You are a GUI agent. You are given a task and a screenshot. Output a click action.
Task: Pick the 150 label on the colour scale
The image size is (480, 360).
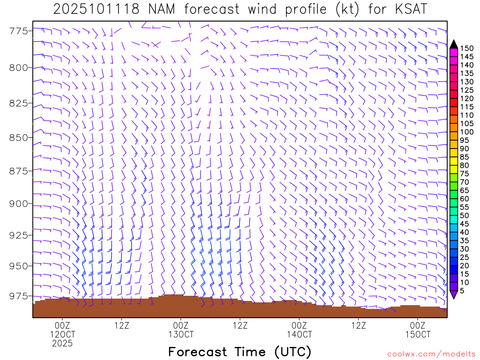467,48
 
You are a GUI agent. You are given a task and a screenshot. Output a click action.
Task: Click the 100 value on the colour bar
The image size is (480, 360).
467,132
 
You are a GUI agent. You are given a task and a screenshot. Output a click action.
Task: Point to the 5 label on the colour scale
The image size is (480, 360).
462,291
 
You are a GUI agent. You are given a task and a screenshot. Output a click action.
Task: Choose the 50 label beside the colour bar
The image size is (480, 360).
465,216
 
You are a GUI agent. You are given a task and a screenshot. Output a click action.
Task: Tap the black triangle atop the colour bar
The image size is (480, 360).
453,44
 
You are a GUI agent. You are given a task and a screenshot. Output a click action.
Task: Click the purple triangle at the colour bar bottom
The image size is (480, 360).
453,294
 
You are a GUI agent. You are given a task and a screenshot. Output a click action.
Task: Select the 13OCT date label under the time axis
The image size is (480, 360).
181,334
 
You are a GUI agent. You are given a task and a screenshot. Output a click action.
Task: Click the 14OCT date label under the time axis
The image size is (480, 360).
300,334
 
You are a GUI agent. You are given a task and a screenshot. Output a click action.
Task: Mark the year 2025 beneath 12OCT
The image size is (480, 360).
62,344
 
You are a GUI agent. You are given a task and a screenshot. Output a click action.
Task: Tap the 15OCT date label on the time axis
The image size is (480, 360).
418,334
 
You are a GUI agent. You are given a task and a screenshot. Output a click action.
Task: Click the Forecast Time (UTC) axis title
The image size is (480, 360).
240,352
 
